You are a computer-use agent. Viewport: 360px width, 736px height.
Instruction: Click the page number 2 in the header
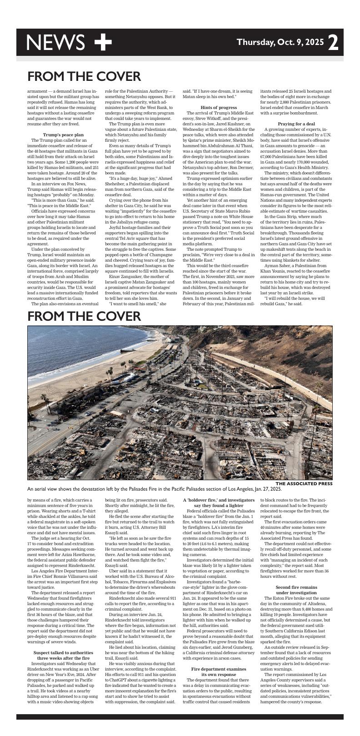[x=333, y=43]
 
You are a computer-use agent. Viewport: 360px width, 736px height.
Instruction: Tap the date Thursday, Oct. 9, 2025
[x=280, y=42]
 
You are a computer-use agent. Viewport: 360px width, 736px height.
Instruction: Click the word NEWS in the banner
[x=55, y=42]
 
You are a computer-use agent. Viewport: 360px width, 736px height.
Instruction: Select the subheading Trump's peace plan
[x=63, y=135]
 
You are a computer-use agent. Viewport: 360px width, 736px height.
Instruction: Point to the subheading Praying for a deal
[x=296, y=124]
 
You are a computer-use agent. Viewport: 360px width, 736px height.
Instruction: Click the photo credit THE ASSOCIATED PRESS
[x=304, y=484]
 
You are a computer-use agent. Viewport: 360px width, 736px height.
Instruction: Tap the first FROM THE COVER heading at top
[x=84, y=76]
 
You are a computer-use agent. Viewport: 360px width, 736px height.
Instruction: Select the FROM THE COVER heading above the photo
[x=84, y=316]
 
